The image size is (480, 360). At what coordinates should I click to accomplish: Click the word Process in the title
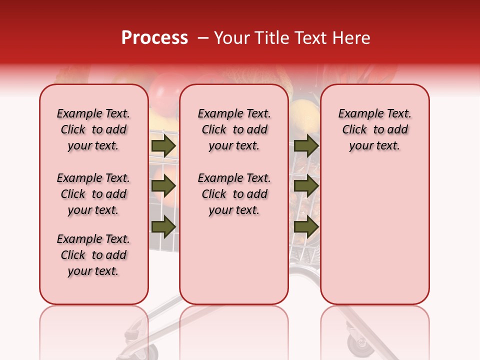(x=154, y=38)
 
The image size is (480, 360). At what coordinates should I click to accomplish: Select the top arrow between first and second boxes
(x=163, y=146)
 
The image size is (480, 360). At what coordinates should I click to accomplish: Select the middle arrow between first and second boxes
(x=163, y=186)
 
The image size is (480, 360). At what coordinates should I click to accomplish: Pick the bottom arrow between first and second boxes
(x=163, y=226)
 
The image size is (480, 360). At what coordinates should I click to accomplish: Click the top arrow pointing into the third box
(x=306, y=146)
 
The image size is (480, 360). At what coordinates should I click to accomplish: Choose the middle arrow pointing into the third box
(x=306, y=186)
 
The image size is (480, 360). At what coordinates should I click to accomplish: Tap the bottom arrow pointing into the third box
(x=306, y=226)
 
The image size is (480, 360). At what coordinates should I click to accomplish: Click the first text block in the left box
(x=93, y=130)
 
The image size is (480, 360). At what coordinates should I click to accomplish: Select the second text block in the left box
(x=93, y=194)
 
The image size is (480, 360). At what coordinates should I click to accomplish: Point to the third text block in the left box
(x=93, y=255)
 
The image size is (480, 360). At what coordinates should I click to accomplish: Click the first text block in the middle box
(x=234, y=130)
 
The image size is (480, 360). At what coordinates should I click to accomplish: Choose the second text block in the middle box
(x=234, y=194)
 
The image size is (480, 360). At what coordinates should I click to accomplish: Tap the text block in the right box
(x=374, y=130)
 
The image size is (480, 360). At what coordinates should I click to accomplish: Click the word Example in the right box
(x=356, y=114)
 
